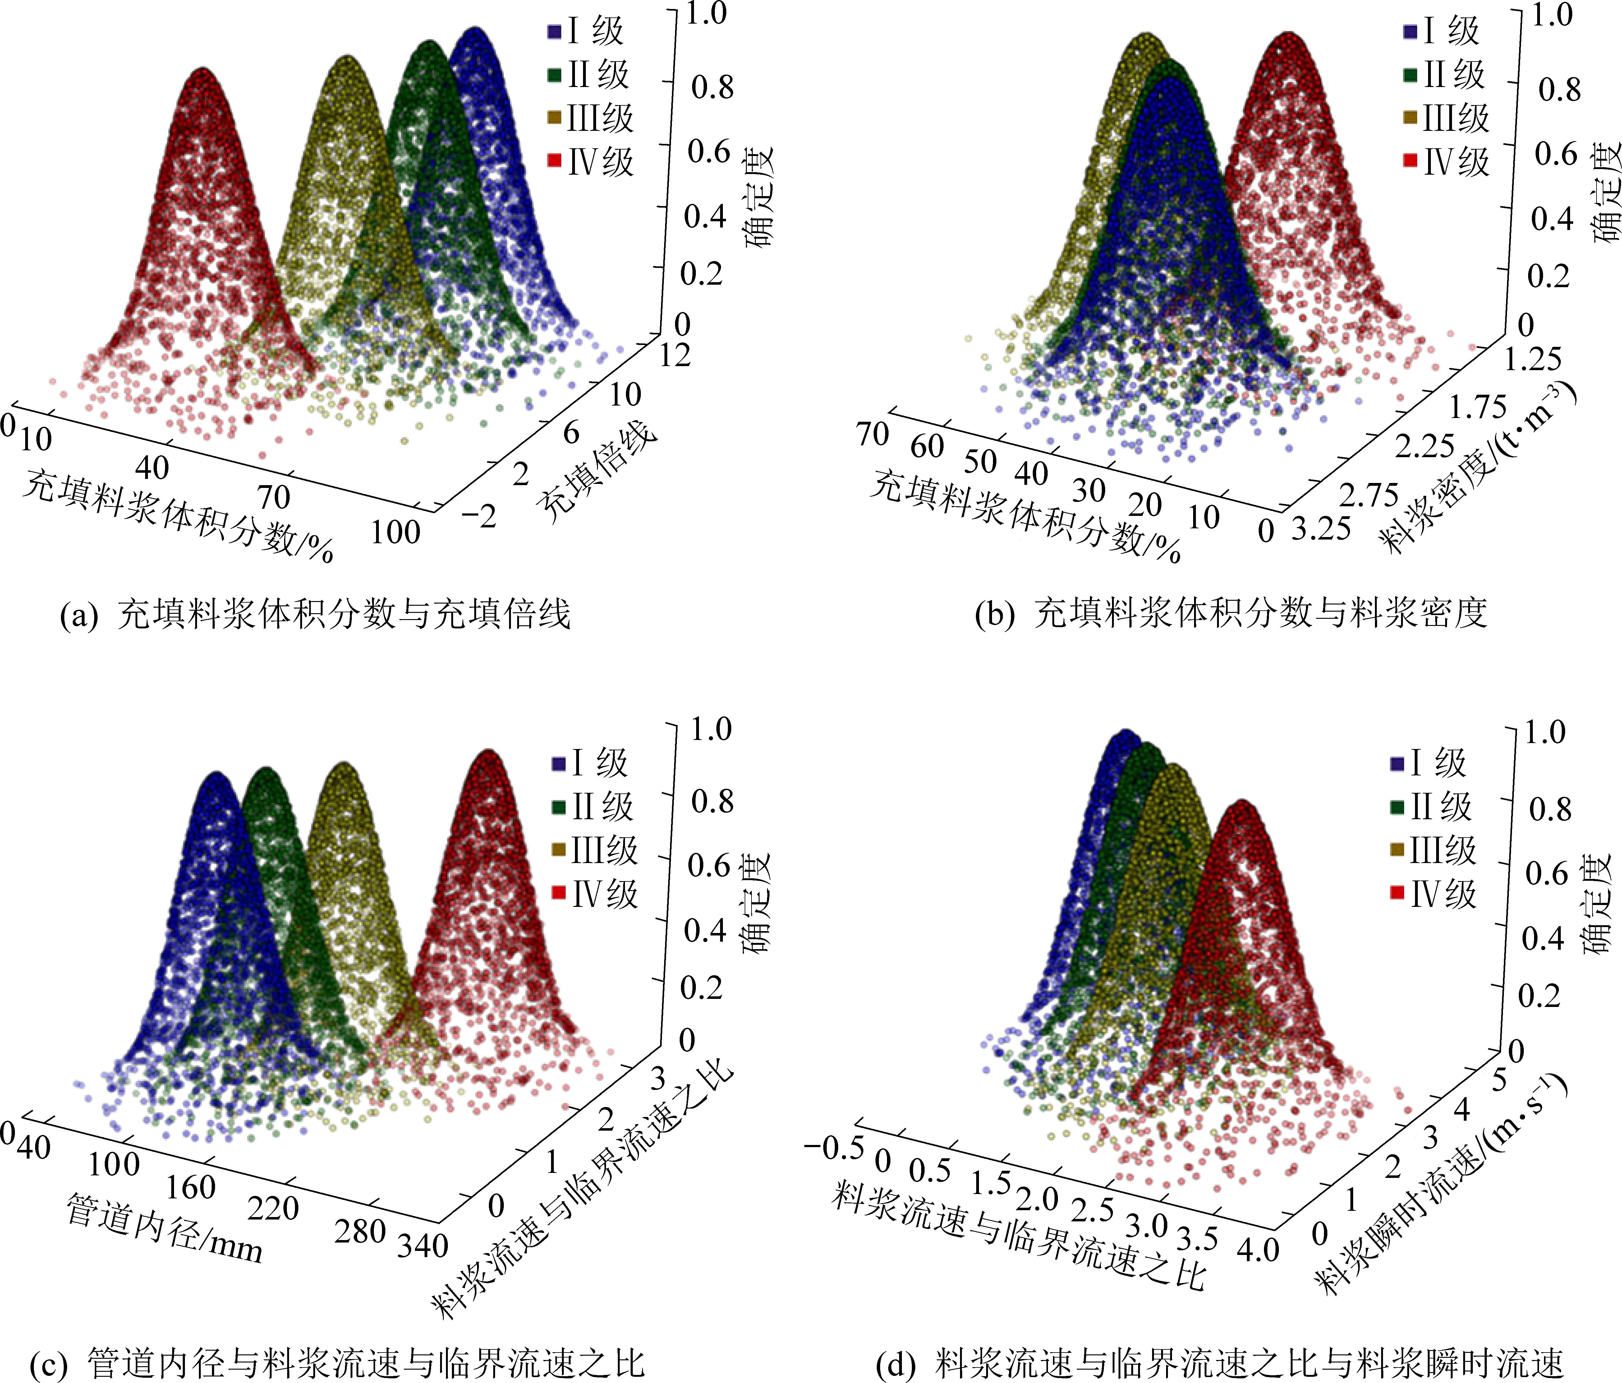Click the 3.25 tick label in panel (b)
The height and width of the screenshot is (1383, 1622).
click(1321, 530)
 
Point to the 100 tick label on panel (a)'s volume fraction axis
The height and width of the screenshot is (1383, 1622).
click(395, 532)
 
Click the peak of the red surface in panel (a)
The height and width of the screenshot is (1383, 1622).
click(204, 72)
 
